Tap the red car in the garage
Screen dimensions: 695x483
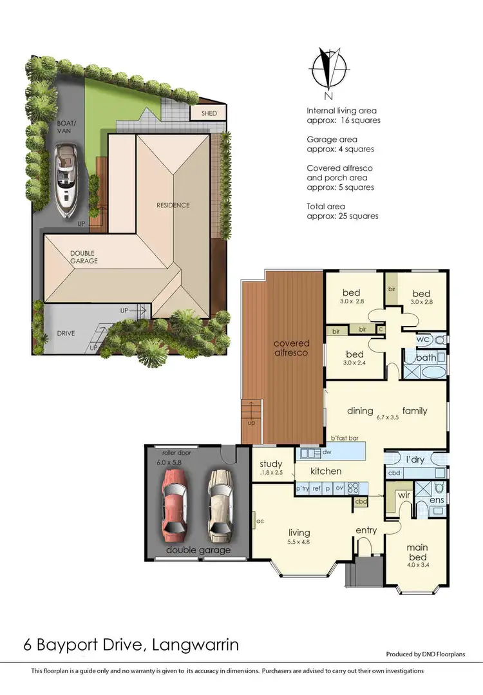(173, 503)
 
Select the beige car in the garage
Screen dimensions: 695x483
(219, 503)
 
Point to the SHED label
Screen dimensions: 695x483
(210, 114)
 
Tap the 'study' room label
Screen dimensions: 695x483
(271, 464)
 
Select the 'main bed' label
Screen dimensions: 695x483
(417, 552)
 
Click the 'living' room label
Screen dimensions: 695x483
(299, 533)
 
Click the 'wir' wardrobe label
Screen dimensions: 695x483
(405, 495)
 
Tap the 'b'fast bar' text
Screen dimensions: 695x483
(345, 438)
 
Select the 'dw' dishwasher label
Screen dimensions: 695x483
(308, 453)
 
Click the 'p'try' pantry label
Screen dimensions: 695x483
(303, 489)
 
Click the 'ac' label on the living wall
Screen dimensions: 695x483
(260, 521)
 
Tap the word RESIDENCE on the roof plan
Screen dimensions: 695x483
(173, 205)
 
